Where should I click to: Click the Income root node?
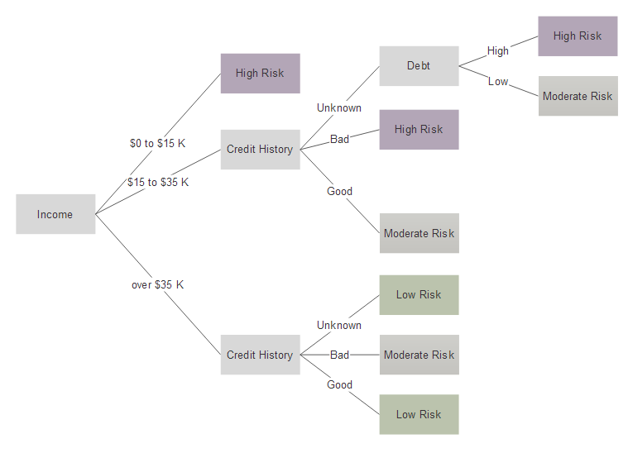(x=55, y=214)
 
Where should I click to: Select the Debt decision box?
(x=419, y=65)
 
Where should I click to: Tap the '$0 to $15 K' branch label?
(x=157, y=143)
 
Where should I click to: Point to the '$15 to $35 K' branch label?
(x=158, y=182)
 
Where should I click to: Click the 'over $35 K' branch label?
(x=157, y=284)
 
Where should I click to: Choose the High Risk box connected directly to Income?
(x=261, y=74)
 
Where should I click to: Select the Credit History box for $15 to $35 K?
(x=261, y=150)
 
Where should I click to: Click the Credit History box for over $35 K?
(x=261, y=355)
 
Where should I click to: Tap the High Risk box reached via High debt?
(x=578, y=36)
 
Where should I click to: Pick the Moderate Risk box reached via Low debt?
(x=578, y=96)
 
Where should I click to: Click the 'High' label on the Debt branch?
(x=498, y=50)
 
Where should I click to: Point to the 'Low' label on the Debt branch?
(x=498, y=82)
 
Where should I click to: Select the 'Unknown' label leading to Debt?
(x=339, y=107)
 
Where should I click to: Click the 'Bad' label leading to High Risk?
(x=339, y=139)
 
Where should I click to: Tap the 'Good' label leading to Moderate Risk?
(x=339, y=191)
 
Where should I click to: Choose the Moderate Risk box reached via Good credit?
(x=419, y=233)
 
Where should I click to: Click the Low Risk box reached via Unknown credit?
(x=419, y=295)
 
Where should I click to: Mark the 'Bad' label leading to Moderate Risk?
(x=339, y=355)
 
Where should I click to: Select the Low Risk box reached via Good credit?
(x=419, y=414)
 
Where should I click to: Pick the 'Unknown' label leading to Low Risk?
(x=339, y=325)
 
